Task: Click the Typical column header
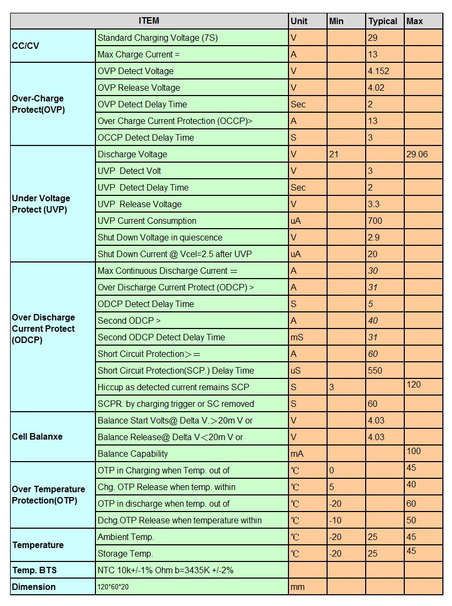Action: coord(382,21)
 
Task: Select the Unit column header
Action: coord(299,21)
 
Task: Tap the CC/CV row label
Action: coord(26,46)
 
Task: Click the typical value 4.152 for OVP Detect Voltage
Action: coord(379,71)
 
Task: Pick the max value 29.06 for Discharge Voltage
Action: coord(417,155)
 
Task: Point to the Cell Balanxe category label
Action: coord(38,437)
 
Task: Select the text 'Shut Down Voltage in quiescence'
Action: coord(160,238)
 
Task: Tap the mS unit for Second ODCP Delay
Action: coord(297,338)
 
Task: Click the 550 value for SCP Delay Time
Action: coord(375,371)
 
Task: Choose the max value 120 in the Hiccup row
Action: coord(414,385)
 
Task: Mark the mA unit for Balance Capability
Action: coord(297,454)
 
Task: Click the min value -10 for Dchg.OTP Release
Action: coord(336,521)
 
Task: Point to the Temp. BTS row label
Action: coord(34,570)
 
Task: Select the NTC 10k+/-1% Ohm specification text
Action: coord(166,571)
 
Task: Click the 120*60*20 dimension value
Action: coord(113,587)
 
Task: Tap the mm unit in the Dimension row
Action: coord(298,587)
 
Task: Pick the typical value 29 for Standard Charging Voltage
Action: coord(373,38)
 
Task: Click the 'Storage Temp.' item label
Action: coord(125,554)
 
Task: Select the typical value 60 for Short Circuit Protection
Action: coord(373,354)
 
